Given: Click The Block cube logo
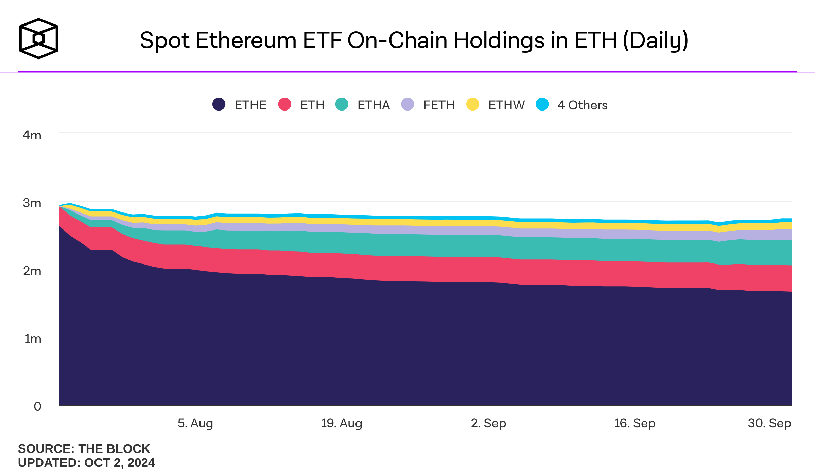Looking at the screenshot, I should [38, 38].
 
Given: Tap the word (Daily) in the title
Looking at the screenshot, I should [655, 40].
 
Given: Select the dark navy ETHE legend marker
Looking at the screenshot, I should [219, 104].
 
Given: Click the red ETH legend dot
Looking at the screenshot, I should [284, 104].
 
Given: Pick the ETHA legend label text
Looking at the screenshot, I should [374, 105].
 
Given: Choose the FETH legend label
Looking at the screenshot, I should [439, 105].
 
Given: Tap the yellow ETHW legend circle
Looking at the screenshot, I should [472, 104].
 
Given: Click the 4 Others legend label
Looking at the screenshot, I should [582, 105].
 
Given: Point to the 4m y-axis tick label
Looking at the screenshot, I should [32, 135].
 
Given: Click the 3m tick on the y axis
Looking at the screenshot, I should [32, 203].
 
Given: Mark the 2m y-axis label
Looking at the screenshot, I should [32, 271].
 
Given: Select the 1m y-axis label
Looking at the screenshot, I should [33, 339].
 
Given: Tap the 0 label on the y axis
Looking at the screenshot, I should [37, 406].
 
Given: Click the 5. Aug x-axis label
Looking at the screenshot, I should [195, 423].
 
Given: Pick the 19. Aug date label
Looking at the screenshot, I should [342, 423].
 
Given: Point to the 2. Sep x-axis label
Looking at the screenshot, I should [488, 423].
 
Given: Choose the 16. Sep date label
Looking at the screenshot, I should [635, 423].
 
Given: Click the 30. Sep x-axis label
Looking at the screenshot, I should [769, 423].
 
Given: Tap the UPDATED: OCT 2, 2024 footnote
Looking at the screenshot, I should [86, 463].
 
